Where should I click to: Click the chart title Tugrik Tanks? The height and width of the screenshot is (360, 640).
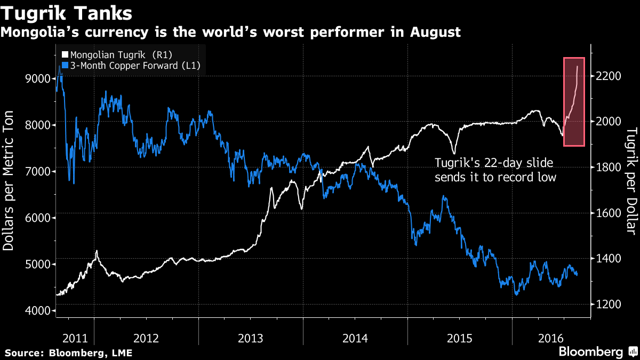[x=67, y=12]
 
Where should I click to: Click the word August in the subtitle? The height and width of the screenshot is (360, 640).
[x=435, y=32]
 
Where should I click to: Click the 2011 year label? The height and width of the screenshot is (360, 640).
[x=75, y=338]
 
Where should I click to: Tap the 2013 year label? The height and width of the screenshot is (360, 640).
[x=250, y=338]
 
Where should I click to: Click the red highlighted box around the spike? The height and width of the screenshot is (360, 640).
[x=574, y=101]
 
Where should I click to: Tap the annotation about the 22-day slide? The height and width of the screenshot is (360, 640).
[x=495, y=170]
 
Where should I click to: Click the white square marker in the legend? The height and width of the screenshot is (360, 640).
[x=66, y=54]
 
